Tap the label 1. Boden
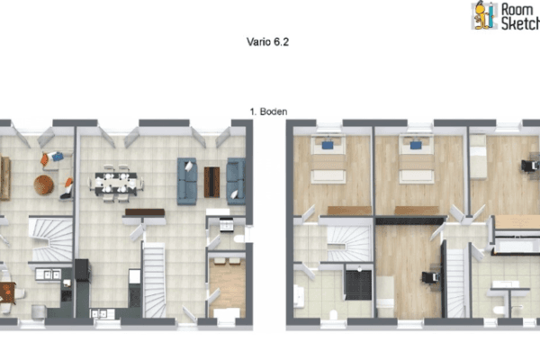pos(268,112)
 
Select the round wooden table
pos(44,184)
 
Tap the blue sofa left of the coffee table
pos(187,179)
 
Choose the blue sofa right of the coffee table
pos(236,179)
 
